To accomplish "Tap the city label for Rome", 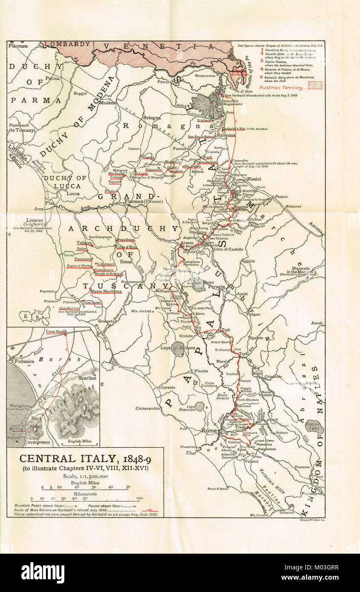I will pos(209,431).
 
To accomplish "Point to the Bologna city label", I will pos(152,118).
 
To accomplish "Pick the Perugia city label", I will pos(216,287).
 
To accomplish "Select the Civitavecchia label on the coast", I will pos(148,408).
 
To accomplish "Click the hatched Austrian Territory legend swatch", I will pos(315,85).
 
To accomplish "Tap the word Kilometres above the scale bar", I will pos(85,494).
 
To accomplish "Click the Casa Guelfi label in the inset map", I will pos(57,331).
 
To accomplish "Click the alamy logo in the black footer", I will pos(43,572).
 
